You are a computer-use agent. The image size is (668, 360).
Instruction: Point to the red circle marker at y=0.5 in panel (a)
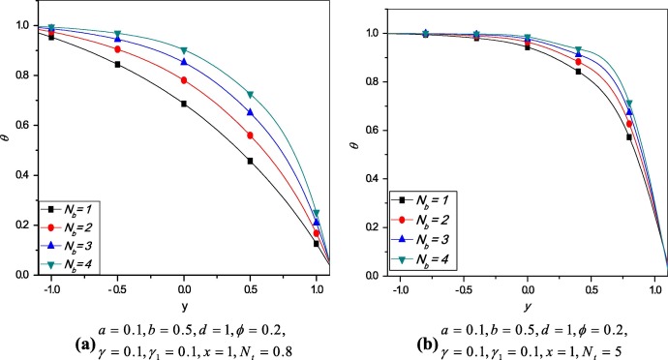click(x=251, y=135)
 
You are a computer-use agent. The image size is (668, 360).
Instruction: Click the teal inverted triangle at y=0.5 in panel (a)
click(x=251, y=95)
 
